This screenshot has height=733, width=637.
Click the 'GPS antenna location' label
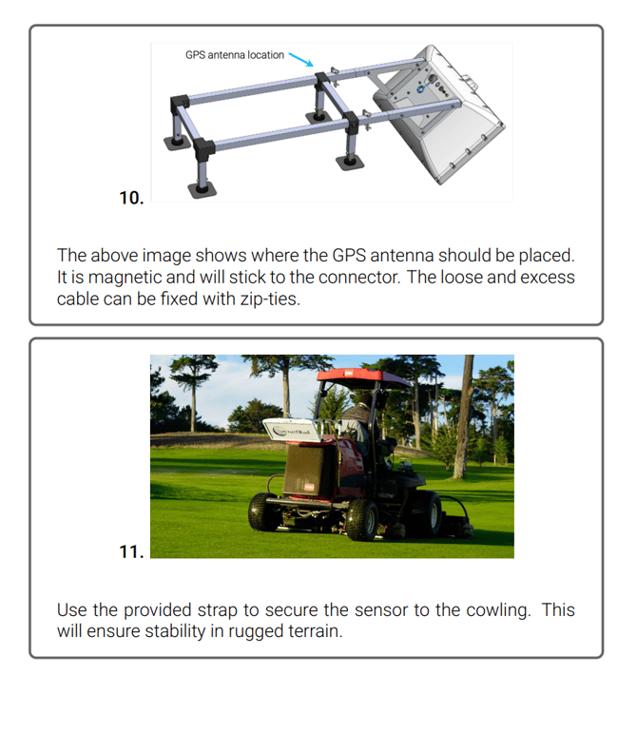(x=235, y=55)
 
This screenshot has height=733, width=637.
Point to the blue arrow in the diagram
(x=301, y=59)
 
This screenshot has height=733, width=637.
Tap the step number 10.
(x=131, y=198)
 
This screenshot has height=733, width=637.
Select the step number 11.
(x=131, y=551)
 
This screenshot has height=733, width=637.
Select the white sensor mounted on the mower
(x=293, y=430)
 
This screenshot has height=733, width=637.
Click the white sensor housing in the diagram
(x=438, y=113)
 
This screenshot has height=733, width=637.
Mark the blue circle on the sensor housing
(x=420, y=88)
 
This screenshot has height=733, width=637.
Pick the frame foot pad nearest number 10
(x=202, y=190)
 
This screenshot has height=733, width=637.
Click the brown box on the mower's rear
(x=308, y=470)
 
